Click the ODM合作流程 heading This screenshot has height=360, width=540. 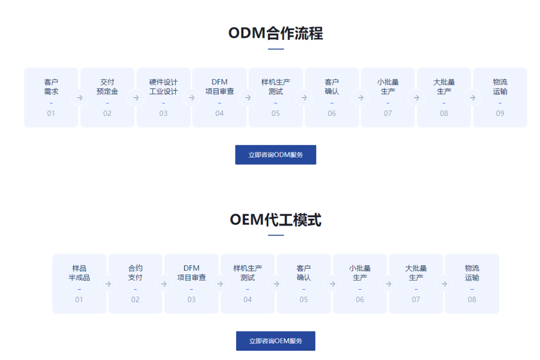point(275,33)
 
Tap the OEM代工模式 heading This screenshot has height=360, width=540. point(275,220)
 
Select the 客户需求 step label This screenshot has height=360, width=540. point(51,87)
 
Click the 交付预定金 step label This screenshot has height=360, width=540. point(107,87)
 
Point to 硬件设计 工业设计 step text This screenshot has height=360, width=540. point(163,87)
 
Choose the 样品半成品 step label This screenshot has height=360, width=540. point(79,273)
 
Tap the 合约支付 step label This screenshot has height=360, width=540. point(136,273)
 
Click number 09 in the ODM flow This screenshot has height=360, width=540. point(500,113)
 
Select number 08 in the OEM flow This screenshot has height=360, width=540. point(472,299)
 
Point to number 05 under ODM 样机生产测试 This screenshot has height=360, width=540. point(275,113)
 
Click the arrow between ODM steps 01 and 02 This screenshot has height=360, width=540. point(80,98)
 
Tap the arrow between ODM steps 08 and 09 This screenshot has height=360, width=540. point(472,98)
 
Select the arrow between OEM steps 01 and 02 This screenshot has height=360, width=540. point(108,284)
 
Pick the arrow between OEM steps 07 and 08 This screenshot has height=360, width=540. point(444,284)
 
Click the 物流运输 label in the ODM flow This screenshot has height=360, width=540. point(500,87)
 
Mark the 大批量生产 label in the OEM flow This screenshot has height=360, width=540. point(416,273)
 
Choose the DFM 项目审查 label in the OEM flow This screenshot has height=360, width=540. point(191,273)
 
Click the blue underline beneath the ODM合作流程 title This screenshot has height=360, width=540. point(276,49)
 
